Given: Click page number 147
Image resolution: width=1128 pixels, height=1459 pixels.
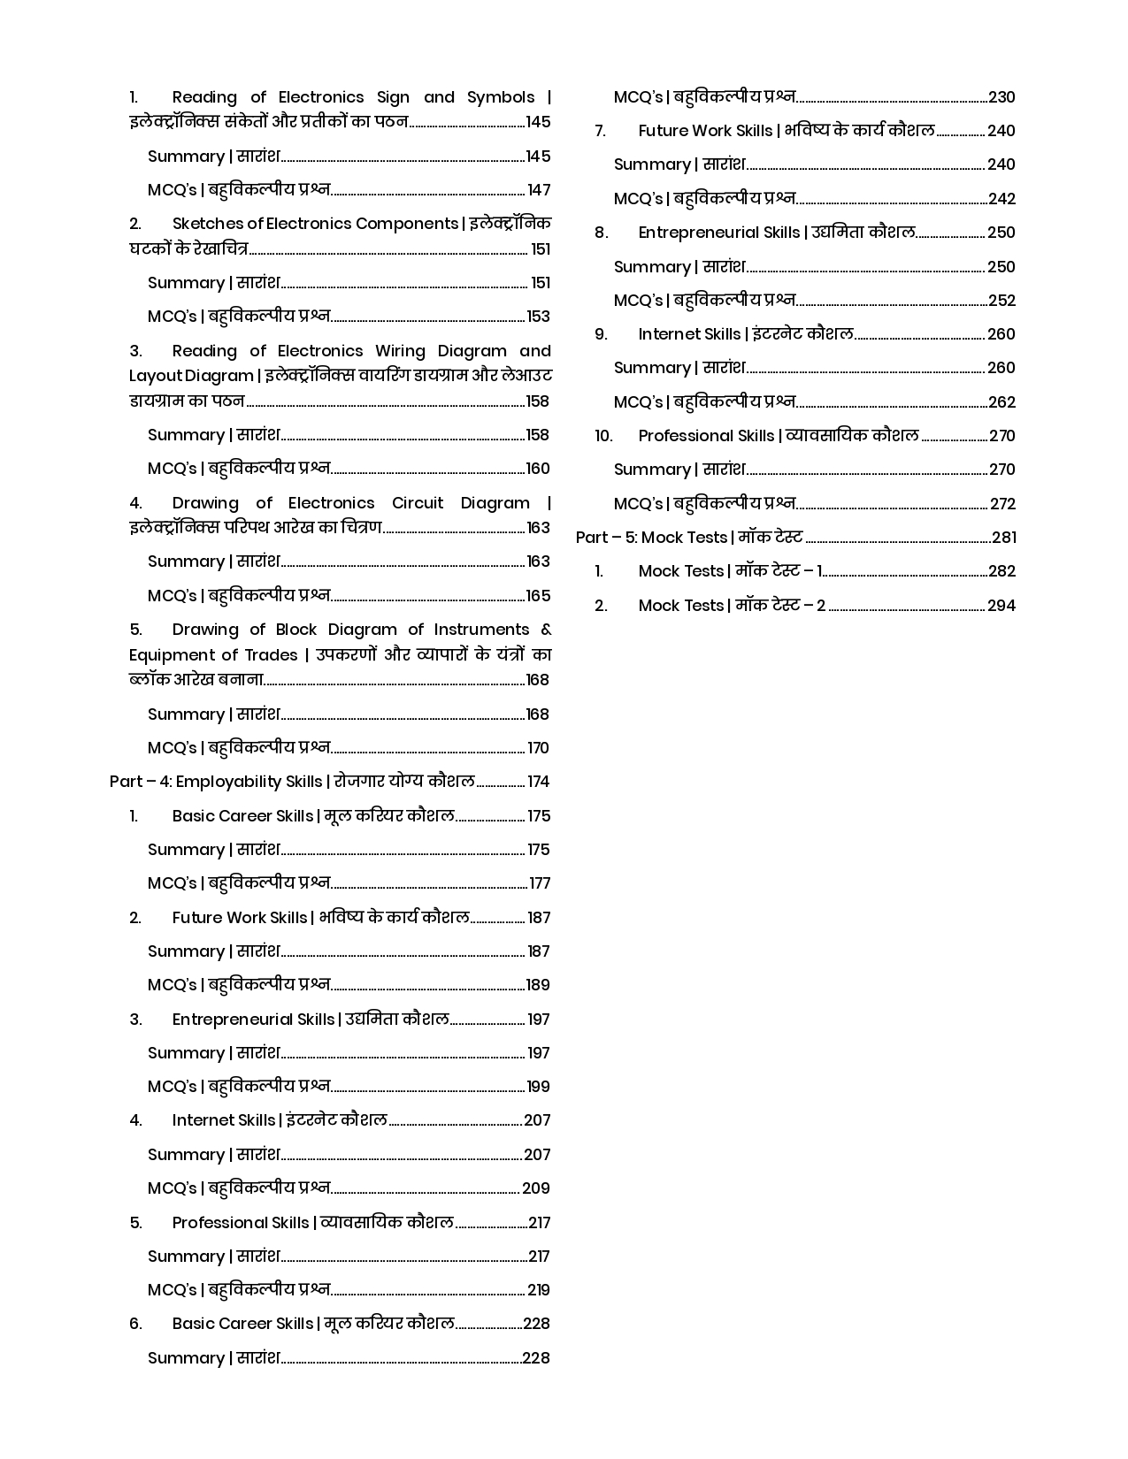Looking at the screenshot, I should (539, 190).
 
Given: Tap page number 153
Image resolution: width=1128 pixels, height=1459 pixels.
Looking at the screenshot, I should (538, 317).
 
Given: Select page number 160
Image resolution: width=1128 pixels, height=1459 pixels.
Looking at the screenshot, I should (538, 469).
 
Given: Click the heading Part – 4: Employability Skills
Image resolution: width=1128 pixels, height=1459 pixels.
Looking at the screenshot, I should (216, 782).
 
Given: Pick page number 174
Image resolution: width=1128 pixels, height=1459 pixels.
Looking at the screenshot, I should (538, 782).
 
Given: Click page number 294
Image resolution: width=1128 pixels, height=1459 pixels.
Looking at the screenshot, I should (1001, 606).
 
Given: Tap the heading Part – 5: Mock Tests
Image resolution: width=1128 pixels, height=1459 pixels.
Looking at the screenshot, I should (651, 538).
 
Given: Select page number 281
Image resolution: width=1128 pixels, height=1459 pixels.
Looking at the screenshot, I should (1003, 538).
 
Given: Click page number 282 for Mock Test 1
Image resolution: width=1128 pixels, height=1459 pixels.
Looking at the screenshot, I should (1001, 571).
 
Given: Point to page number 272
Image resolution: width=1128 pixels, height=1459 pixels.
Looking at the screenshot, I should (1002, 504).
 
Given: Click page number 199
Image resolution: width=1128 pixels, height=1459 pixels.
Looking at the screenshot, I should (538, 1087).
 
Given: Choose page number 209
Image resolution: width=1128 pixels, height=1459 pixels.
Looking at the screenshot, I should (536, 1188).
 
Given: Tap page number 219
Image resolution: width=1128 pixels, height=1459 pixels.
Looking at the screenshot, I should (538, 1290).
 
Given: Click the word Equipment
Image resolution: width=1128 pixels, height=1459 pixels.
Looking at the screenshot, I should (170, 655).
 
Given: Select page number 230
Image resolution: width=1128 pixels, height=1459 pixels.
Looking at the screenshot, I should (1001, 97).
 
